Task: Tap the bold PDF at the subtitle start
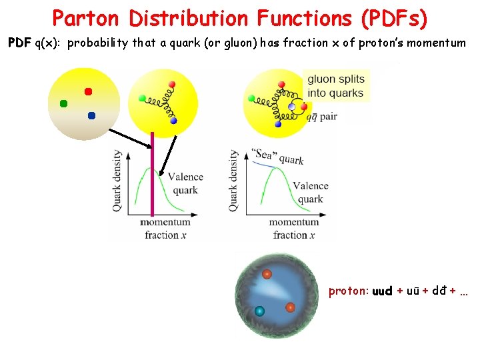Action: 20,43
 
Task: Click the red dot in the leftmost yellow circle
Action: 87,91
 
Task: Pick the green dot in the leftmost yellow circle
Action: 63,103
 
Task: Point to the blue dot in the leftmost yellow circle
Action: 91,115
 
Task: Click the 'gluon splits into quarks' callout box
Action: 335,86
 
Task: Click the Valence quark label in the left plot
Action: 185,183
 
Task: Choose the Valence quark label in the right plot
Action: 310,192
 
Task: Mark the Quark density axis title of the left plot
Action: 117,181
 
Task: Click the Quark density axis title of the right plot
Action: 233,181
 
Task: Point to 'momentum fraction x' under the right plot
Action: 293,228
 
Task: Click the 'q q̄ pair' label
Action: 321,117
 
